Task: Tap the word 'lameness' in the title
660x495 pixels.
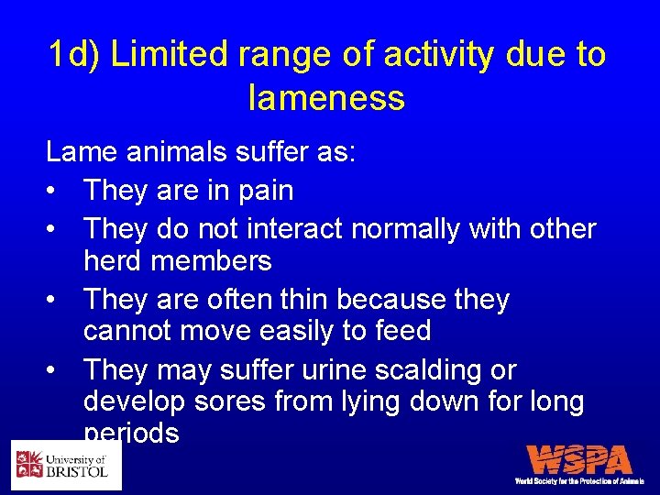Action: [x=326, y=96]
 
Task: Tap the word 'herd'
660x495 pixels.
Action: [x=114, y=262]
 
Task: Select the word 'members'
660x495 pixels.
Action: [x=212, y=262]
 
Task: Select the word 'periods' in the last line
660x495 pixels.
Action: [x=131, y=433]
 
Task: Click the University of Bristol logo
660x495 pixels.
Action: [x=66, y=465]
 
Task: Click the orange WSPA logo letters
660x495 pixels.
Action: [x=579, y=459]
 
